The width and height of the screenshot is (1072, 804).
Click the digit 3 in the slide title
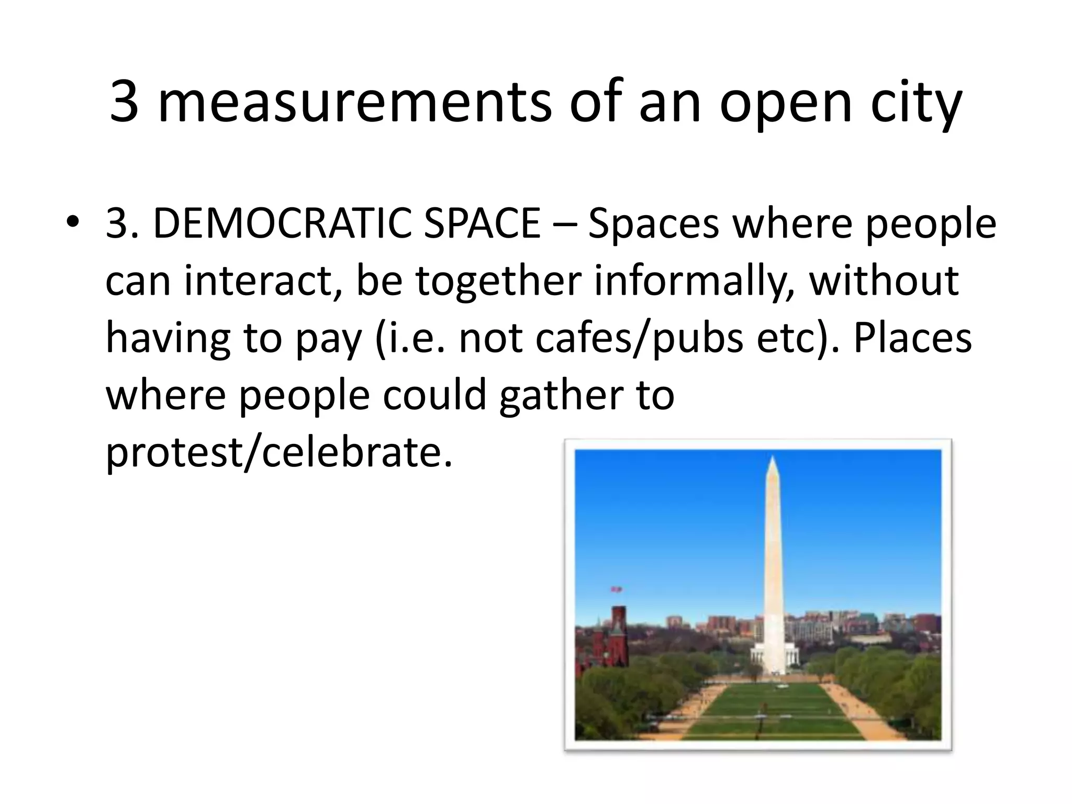tap(125, 103)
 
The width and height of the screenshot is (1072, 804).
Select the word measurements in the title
tap(354, 103)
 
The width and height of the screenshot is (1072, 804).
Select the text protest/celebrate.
tap(278, 453)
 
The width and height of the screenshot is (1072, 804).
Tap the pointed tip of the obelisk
tap(772, 457)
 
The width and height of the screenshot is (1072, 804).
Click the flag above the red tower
tap(617, 589)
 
